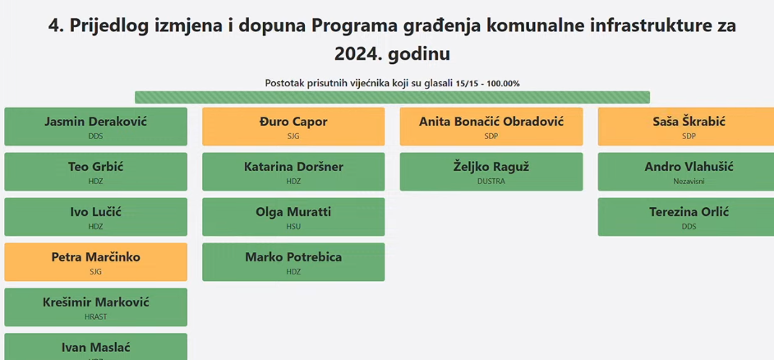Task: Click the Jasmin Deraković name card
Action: coord(96,127)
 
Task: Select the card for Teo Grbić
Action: coord(96,171)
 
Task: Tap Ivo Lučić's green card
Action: coord(96,217)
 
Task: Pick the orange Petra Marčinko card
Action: coord(96,261)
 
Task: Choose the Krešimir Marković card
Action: coord(96,307)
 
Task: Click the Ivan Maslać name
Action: coord(96,348)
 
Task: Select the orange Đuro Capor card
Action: coord(293,127)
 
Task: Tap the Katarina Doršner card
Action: coord(293,171)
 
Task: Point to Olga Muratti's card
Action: coord(293,217)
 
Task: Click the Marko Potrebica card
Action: coord(293,261)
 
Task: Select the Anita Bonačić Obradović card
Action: coord(491,127)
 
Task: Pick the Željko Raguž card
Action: coord(491,171)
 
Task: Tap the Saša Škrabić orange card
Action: coord(686,127)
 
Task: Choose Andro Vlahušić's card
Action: coord(686,171)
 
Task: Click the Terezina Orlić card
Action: coord(686,217)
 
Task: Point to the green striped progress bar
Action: coord(393,97)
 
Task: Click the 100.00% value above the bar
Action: coord(503,84)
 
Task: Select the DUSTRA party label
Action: coord(491,182)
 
